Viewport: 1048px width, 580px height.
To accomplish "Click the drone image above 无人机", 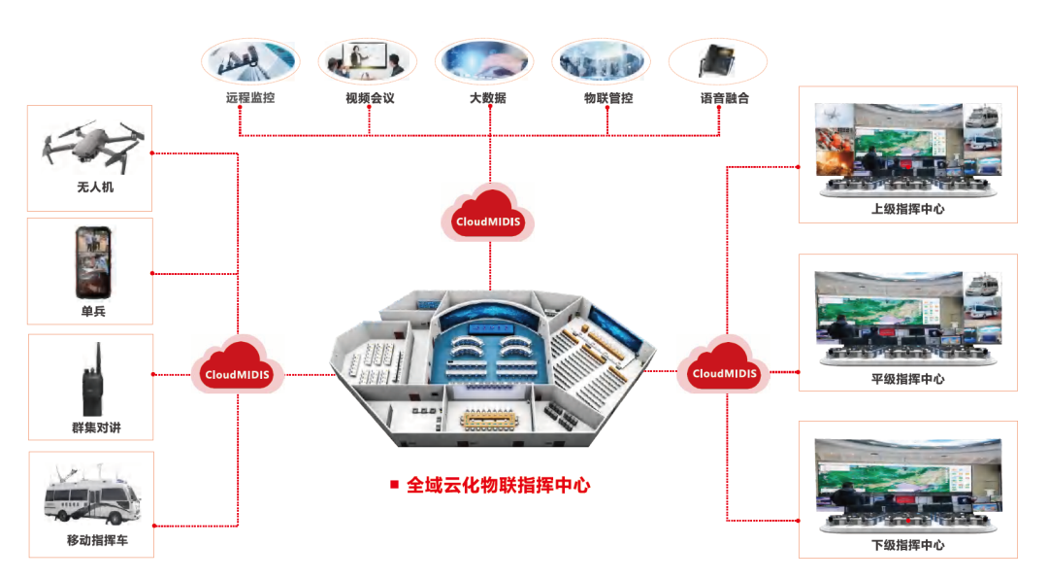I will (88, 146).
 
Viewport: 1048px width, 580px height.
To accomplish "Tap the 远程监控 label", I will (249, 98).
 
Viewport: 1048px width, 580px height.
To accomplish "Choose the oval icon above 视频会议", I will (367, 59).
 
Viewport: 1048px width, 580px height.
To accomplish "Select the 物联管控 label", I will (607, 98).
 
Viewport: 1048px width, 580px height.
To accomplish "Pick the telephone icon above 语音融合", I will (717, 60).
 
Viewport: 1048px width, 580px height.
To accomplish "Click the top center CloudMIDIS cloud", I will (488, 216).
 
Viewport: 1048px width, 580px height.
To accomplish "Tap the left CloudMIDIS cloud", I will (238, 368).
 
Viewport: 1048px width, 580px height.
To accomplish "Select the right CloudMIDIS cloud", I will (723, 368).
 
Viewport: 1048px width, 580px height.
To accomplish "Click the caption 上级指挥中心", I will (907, 209).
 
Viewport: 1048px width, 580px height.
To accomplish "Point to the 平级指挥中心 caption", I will (907, 379).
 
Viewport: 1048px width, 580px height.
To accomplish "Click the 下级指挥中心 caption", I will (907, 545).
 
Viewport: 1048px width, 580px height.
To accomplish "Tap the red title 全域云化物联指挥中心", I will (498, 485).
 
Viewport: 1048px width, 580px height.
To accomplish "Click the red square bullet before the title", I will (394, 484).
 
